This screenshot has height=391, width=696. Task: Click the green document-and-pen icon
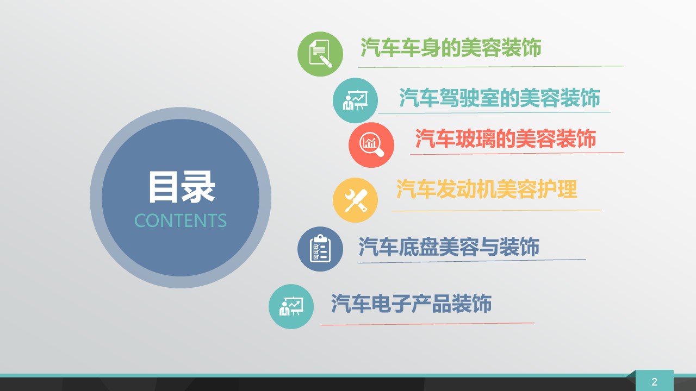[x=320, y=54]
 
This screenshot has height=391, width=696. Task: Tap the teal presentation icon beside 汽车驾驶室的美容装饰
[x=355, y=100]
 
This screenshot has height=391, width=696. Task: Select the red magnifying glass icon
[x=371, y=145]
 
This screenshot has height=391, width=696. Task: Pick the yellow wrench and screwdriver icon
[x=355, y=200]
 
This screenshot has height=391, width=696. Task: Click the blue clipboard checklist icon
[x=320, y=249]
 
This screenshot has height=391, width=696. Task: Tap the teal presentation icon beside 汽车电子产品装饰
[x=291, y=307]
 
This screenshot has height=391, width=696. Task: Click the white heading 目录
[x=182, y=187]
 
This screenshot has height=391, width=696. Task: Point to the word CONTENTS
[x=181, y=220]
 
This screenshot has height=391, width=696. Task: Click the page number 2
[x=654, y=382]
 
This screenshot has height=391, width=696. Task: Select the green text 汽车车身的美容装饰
[x=451, y=48]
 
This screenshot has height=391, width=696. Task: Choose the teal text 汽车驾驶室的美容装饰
[x=499, y=98]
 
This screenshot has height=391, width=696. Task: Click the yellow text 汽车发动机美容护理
[x=487, y=189]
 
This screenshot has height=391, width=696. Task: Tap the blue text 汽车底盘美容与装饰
[x=449, y=247]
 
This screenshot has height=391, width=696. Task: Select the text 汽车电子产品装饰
[x=412, y=303]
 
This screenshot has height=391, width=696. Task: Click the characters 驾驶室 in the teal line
[x=469, y=98]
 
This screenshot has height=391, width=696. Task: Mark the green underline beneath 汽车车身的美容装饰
[x=491, y=67]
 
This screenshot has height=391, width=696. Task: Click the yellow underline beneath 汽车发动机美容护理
[x=496, y=210]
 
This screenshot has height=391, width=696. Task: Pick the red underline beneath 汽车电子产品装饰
[x=427, y=324]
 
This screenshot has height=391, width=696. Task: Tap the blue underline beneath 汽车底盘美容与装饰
[x=473, y=261]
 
